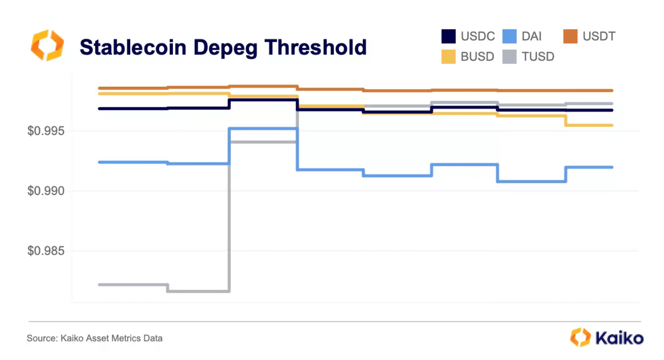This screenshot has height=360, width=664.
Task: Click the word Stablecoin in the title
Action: tap(133, 47)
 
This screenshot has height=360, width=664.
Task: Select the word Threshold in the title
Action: tap(315, 47)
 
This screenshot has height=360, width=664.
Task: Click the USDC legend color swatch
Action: tap(448, 36)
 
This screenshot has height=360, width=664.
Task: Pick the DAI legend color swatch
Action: tap(509, 36)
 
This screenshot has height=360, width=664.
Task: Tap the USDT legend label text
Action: tap(599, 36)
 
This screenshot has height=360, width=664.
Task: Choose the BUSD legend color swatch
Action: tap(448, 57)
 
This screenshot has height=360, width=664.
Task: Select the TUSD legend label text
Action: tap(538, 57)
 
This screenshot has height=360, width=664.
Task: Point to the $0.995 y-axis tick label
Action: tap(46, 131)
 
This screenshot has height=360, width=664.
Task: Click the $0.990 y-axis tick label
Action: tap(46, 191)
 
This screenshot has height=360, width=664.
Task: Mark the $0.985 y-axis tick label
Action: tap(46, 251)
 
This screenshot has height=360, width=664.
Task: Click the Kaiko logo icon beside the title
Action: tap(47, 45)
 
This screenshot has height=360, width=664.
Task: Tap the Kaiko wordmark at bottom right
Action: tap(619, 338)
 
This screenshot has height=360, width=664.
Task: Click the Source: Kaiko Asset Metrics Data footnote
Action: tap(95, 338)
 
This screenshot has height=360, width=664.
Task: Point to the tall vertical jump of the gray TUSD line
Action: tap(229, 216)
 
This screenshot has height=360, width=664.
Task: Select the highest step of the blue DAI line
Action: tap(263, 129)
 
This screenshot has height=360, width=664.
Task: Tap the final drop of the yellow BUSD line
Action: tap(566, 121)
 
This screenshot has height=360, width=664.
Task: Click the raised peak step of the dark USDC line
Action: tap(263, 100)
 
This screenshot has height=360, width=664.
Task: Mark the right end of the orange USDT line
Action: tap(612, 90)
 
